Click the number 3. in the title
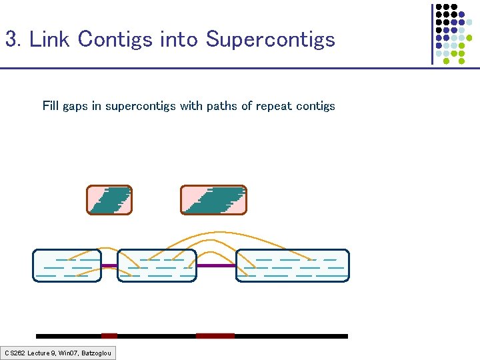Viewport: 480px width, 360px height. coord(13,39)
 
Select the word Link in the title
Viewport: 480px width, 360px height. coord(50,39)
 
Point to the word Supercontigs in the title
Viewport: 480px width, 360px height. coord(270,40)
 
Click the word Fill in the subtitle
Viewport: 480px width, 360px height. coord(50,106)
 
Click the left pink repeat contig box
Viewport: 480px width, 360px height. coord(109,200)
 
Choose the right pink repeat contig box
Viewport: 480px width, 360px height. coord(213,200)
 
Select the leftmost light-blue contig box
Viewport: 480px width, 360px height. coord(67,265)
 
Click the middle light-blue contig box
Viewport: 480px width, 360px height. coord(157,265)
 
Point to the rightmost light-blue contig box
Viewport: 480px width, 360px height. coord(293,265)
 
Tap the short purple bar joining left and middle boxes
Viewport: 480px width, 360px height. coord(109,266)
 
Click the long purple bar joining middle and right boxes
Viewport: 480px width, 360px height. coord(217,265)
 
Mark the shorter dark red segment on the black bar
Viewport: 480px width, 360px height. coord(109,336)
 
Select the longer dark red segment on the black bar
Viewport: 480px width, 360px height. coord(215,336)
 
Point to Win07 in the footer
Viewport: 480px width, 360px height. coord(69,353)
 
